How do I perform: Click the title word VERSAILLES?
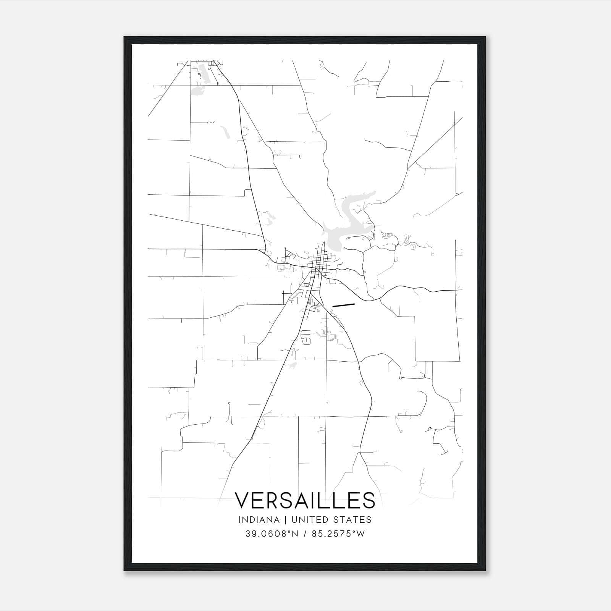[x=305, y=500]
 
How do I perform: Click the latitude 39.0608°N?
[x=271, y=534]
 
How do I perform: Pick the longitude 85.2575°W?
[x=338, y=534]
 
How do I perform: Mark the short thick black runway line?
[x=344, y=305]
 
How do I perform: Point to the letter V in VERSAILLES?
[x=243, y=500]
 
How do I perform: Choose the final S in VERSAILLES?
[x=368, y=500]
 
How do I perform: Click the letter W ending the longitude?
[x=361, y=534]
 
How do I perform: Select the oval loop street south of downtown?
[x=306, y=337]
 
